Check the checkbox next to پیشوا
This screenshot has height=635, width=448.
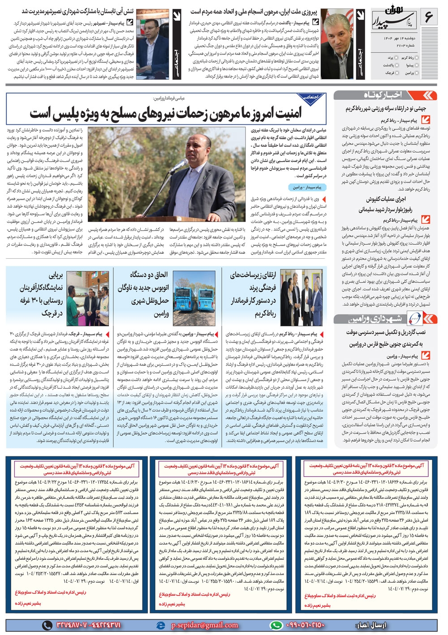[418, 65]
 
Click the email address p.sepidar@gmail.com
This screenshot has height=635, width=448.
[204, 625]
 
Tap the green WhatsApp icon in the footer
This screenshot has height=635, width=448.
[276, 625]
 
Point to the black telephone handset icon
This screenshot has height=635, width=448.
[47, 625]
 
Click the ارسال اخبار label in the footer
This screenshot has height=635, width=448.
[371, 625]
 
